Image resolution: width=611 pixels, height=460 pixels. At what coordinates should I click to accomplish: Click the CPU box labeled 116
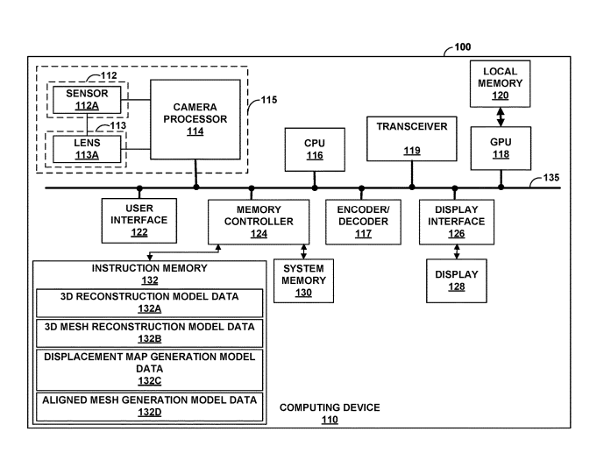click(315, 149)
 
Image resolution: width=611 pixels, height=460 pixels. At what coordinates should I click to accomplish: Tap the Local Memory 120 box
click(501, 83)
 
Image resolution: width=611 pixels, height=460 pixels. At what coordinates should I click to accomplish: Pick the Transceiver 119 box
click(411, 138)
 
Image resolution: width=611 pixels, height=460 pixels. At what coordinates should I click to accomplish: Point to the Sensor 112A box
click(87, 100)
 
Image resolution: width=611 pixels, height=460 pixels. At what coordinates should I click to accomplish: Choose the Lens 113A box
click(87, 148)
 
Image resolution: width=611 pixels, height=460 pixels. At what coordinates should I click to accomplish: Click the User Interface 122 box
click(139, 221)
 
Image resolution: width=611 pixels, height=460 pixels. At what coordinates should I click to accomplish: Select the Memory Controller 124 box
click(252, 222)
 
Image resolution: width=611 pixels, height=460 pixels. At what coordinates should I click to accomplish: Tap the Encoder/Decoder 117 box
click(362, 222)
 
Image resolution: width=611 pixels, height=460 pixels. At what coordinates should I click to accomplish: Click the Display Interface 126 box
click(456, 222)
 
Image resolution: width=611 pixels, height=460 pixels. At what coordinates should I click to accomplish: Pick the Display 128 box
click(456, 280)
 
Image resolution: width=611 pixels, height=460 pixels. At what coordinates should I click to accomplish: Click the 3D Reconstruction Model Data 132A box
click(149, 302)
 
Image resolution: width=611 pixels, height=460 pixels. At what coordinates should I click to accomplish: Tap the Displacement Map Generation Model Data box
click(149, 369)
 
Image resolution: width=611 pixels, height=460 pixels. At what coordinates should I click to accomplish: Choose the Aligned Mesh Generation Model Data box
click(149, 405)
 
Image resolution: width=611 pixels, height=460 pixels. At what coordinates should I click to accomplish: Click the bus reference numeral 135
click(552, 177)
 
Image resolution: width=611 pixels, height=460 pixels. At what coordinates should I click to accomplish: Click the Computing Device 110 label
click(330, 414)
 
